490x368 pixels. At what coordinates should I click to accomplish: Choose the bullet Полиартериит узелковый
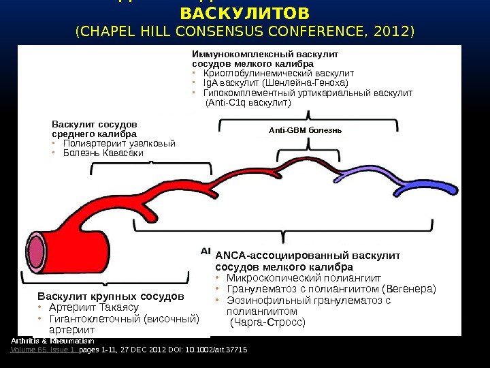point(118,144)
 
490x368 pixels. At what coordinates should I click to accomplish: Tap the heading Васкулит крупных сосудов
point(111,297)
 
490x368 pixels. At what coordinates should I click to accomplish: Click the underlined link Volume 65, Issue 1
point(43,350)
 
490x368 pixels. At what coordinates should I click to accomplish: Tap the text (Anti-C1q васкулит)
point(248,103)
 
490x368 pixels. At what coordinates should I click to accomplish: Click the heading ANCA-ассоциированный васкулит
point(308,256)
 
